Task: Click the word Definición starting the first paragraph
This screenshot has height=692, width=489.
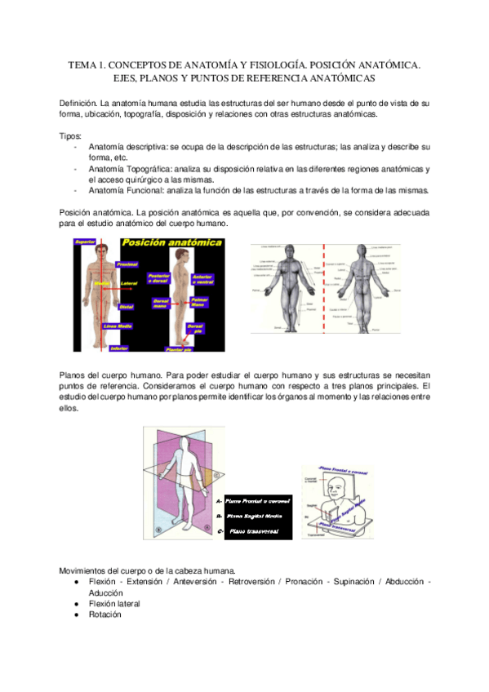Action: tap(78, 104)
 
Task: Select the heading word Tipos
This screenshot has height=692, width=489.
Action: tap(71, 135)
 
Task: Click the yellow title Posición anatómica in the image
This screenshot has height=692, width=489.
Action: tap(171, 243)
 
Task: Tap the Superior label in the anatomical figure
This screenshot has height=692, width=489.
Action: tap(85, 242)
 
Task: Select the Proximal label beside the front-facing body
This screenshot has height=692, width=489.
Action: tap(127, 264)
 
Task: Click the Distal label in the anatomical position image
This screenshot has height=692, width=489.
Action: tap(126, 307)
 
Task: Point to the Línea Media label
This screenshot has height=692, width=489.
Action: tap(117, 326)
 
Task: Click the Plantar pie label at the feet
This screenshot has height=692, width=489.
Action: tap(178, 348)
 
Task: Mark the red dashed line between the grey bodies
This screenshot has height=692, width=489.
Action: tap(324, 286)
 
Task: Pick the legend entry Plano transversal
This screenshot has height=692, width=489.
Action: tap(252, 532)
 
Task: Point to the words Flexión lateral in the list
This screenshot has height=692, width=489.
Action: tap(114, 604)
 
